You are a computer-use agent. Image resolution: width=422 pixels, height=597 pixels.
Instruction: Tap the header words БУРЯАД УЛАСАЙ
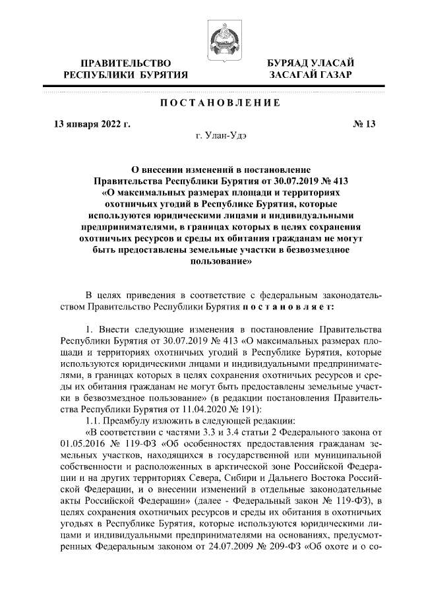pos(310,63)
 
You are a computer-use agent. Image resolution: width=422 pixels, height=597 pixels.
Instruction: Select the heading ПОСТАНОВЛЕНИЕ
pos(211,102)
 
